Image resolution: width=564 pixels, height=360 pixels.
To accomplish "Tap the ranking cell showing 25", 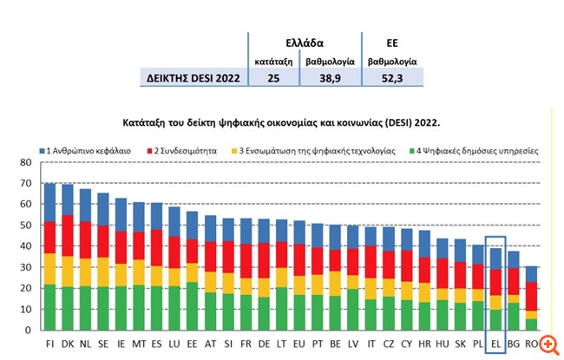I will tap(272, 77).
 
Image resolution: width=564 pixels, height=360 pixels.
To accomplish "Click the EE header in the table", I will tap(392, 42).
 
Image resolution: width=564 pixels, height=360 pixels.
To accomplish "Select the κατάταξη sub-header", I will tap(272, 62).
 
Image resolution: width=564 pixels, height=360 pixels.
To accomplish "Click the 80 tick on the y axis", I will tap(25, 162).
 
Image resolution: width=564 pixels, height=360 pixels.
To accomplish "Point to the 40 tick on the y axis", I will tap(25, 246).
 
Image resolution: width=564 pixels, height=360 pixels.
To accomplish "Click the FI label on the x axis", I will tap(50, 344).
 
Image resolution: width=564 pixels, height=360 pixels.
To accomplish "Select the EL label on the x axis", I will tap(495, 344).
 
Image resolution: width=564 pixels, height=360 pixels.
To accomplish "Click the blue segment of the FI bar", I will tap(50, 202).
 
